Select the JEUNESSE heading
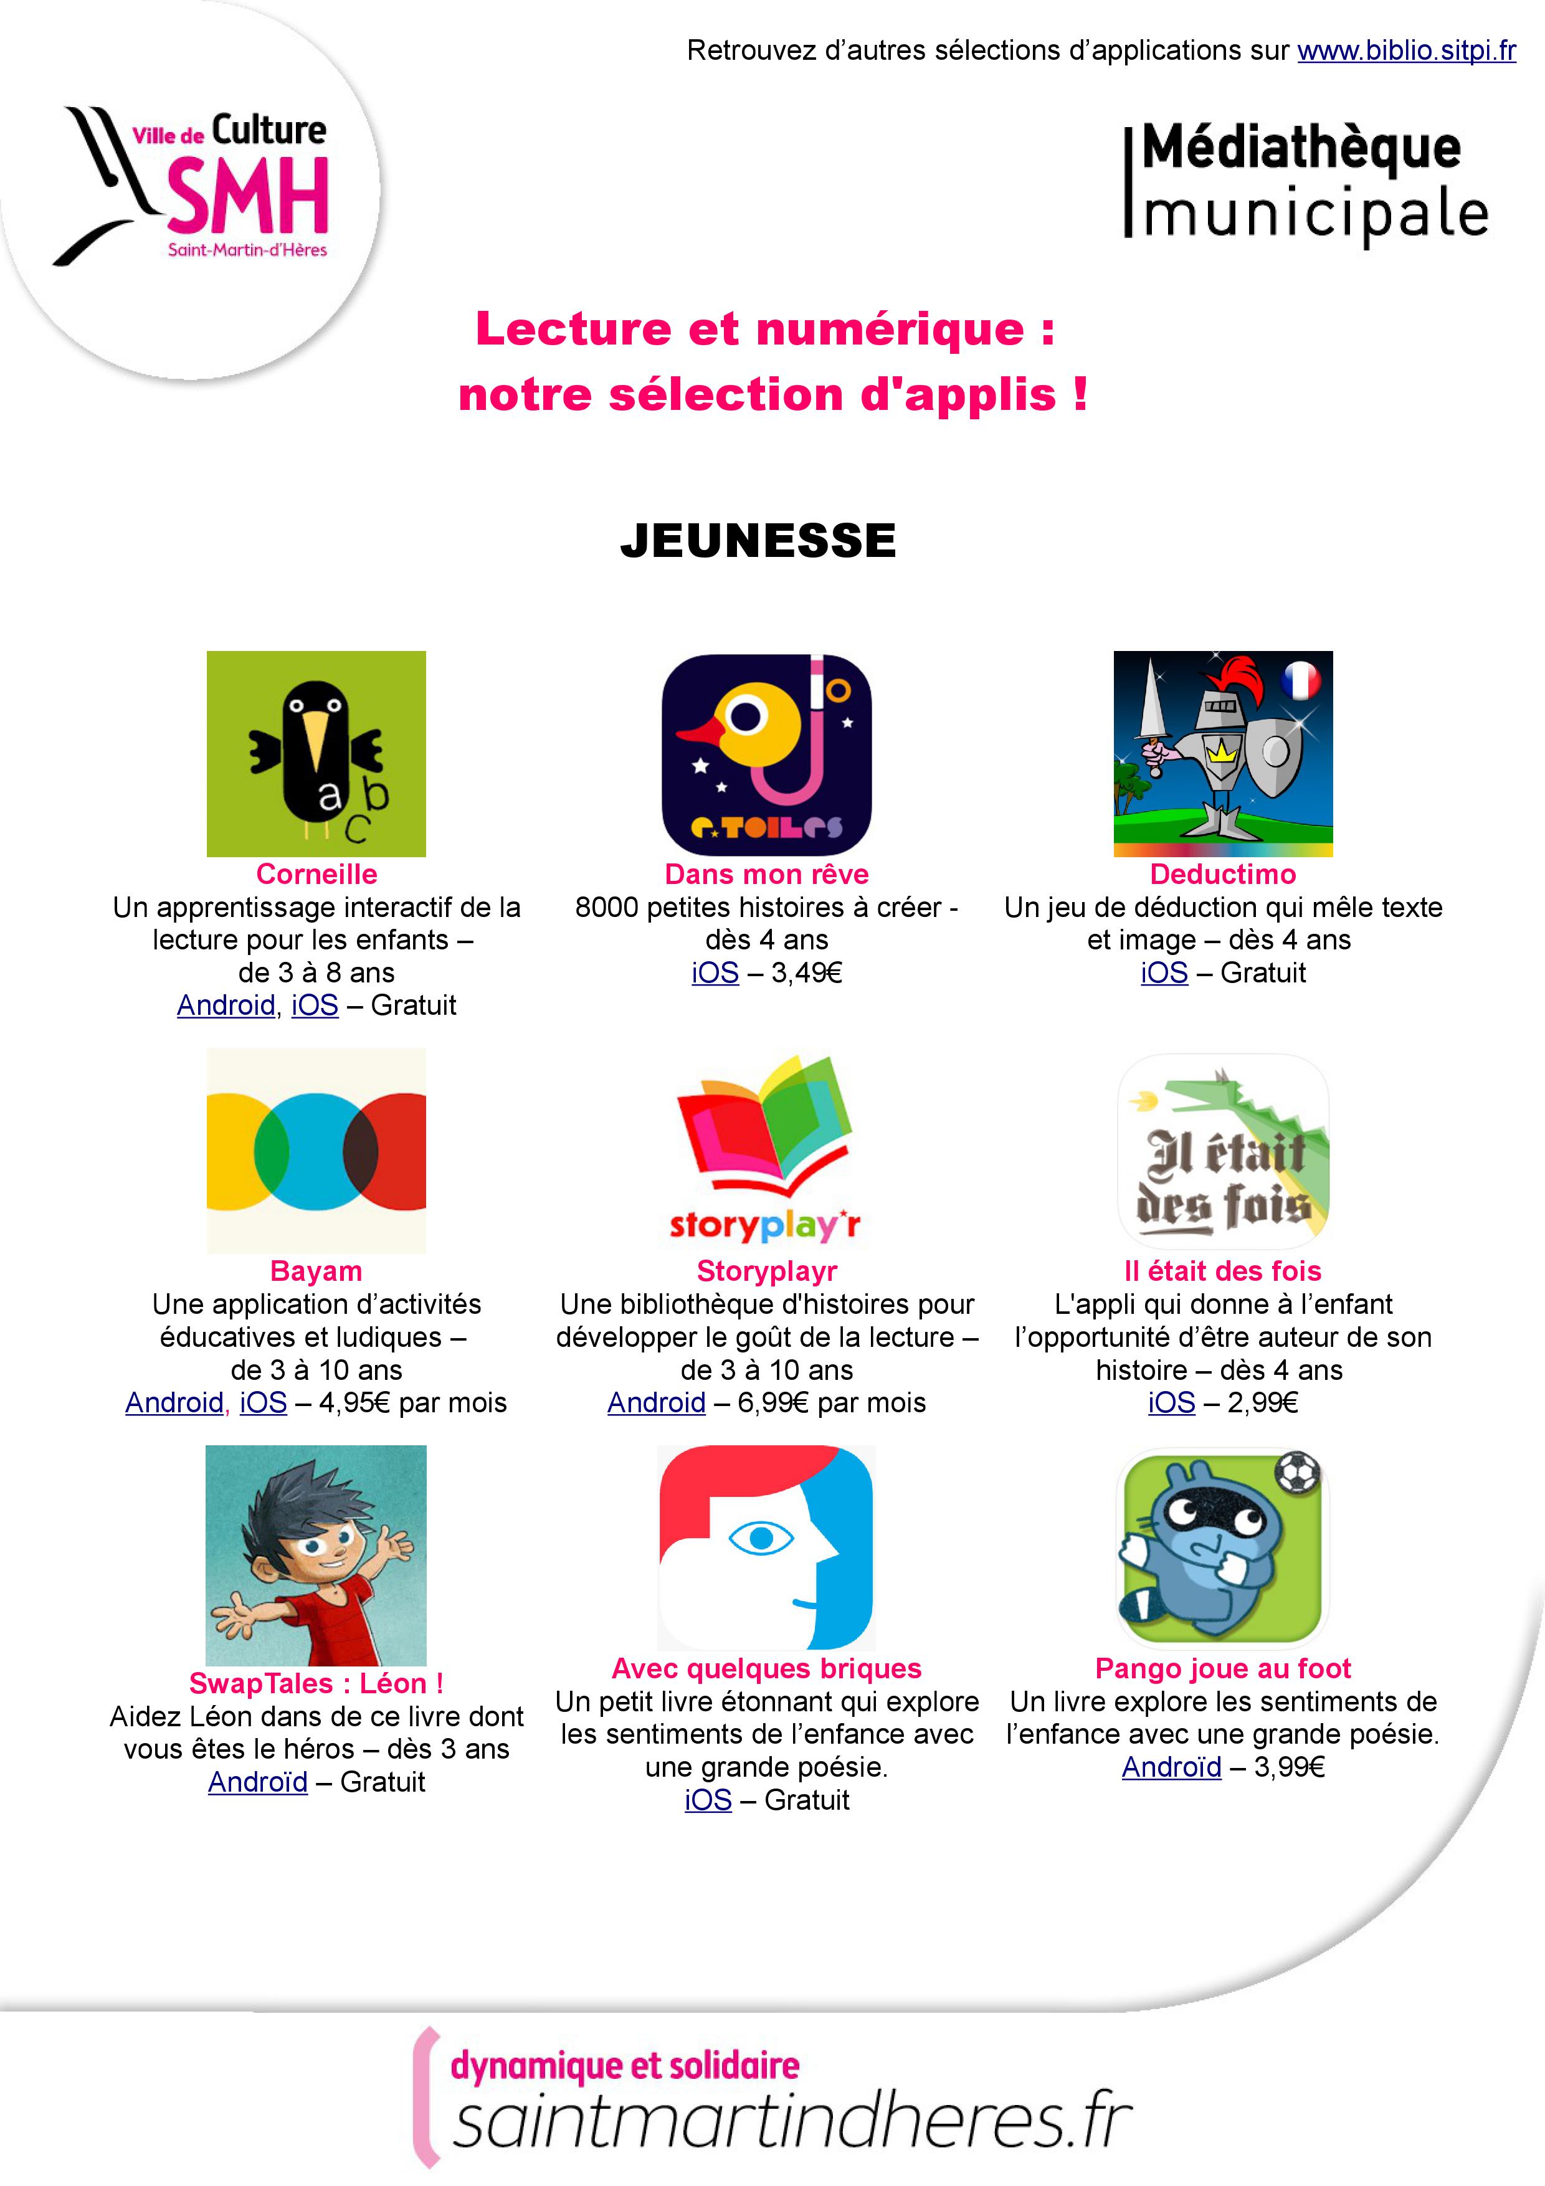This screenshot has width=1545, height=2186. tap(758, 541)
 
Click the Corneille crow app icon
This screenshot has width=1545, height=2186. tap(316, 753)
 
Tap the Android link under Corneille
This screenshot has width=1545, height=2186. tap(226, 1005)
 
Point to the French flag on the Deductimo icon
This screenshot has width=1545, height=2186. tap(1300, 680)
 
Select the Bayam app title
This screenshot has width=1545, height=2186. tap(316, 1271)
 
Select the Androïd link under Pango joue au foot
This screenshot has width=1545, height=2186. tap(1171, 1767)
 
